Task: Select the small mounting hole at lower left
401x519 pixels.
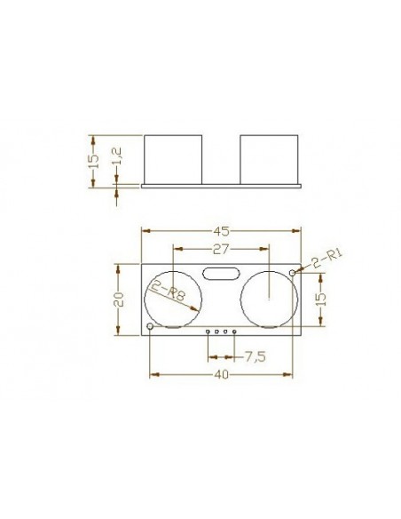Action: tap(150, 328)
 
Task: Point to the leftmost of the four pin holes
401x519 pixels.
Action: tap(208, 332)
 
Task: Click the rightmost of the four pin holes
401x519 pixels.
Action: tap(235, 332)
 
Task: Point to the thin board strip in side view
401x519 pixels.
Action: tap(222, 187)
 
